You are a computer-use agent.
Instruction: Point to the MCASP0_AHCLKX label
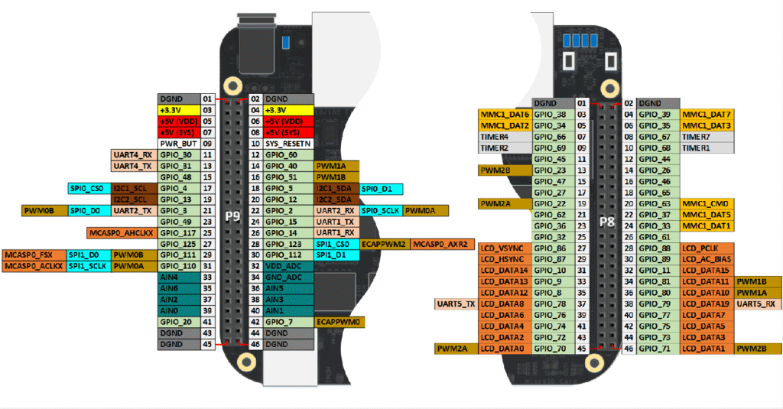(x=122, y=232)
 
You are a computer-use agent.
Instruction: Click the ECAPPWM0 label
(x=340, y=322)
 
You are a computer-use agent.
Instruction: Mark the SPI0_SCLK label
(x=380, y=210)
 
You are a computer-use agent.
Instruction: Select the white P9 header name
(x=232, y=216)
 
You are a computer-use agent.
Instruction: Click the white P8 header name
(x=606, y=222)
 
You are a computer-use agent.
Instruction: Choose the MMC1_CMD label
(x=707, y=203)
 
